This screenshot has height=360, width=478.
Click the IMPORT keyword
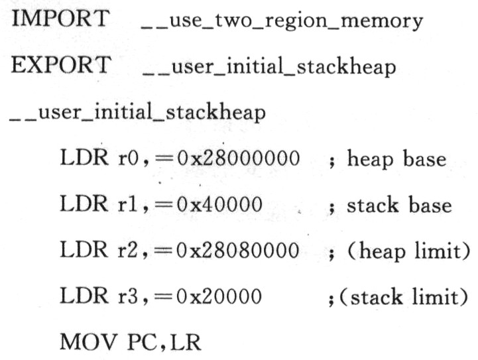pyautogui.click(x=60, y=19)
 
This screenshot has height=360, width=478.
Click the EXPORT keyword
pyautogui.click(x=61, y=64)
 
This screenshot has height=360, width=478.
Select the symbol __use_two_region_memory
pyautogui.click(x=282, y=21)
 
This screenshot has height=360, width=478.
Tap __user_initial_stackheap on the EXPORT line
pyautogui.click(x=269, y=67)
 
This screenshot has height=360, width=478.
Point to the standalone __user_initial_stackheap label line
pyautogui.click(x=137, y=112)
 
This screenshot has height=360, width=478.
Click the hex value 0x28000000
pyautogui.click(x=239, y=158)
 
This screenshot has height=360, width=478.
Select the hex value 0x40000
pyautogui.click(x=219, y=204)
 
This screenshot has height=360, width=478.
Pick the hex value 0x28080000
pyautogui.click(x=238, y=250)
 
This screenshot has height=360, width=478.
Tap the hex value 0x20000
pyautogui.click(x=219, y=296)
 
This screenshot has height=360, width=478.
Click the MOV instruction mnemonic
pyautogui.click(x=89, y=341)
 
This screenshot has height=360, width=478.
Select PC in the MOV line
pyautogui.click(x=142, y=341)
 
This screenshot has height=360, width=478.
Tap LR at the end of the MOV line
pyautogui.click(x=186, y=342)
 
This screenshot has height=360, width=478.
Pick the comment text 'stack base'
pyautogui.click(x=399, y=204)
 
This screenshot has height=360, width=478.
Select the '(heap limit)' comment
pyautogui.click(x=409, y=251)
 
